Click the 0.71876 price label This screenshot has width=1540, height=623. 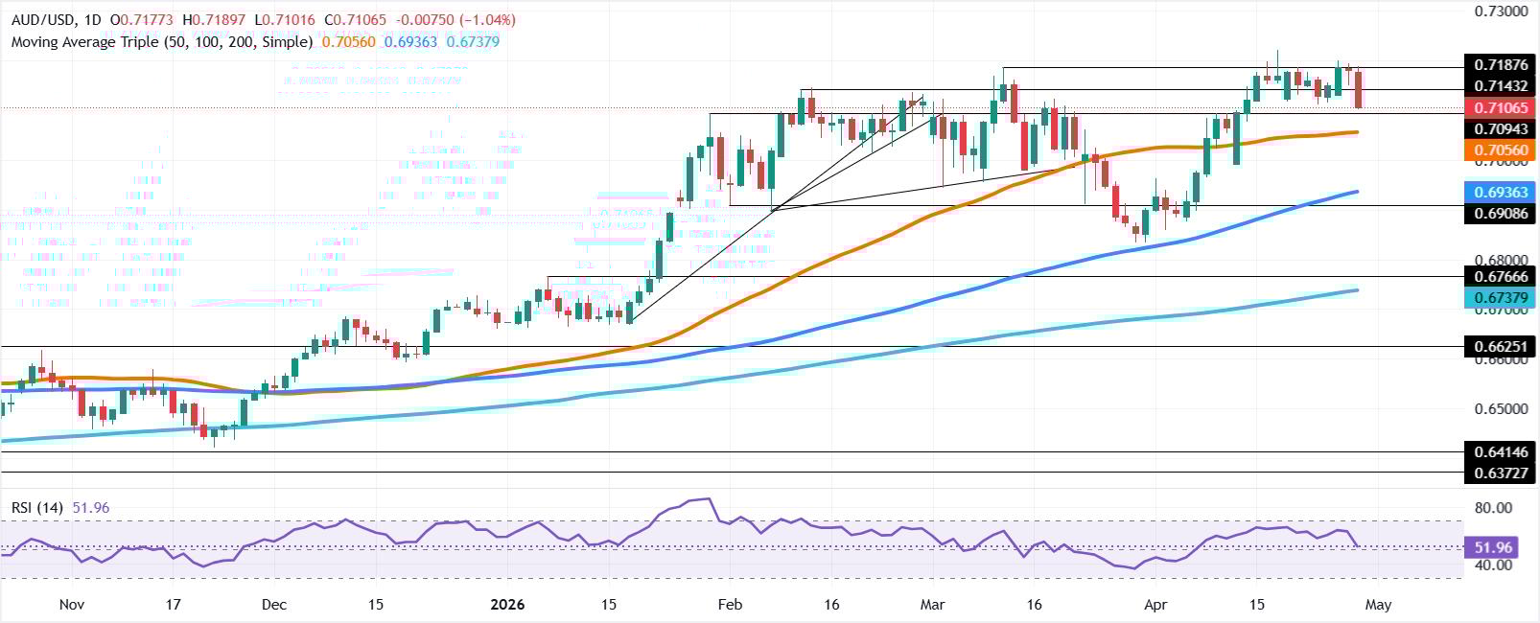1502,66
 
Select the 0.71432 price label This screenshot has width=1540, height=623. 1502,86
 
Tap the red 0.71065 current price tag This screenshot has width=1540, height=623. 1502,107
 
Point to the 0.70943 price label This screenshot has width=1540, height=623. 1502,127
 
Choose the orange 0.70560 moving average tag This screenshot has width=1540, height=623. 1502,150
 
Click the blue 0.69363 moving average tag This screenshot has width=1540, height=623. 1502,192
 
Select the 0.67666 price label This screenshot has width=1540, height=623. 1502,276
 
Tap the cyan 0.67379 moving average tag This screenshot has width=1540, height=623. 1502,299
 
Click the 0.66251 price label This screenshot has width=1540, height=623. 1502,346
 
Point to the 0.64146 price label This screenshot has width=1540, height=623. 1502,451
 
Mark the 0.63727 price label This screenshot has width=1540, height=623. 1502,472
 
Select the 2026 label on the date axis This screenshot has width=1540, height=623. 509,605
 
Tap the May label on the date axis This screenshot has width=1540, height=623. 1378,605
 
